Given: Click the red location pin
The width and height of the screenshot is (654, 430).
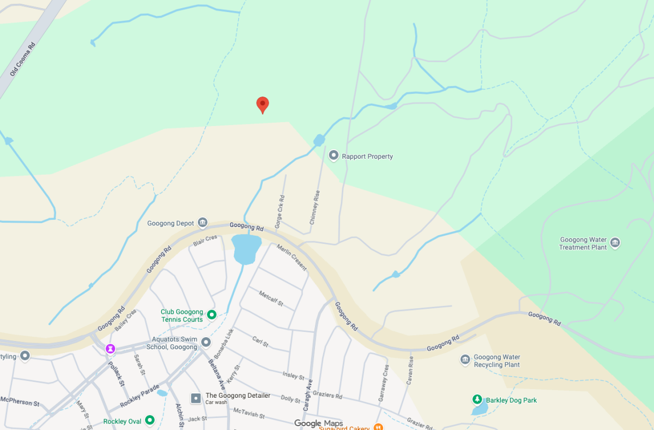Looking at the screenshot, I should (263, 104).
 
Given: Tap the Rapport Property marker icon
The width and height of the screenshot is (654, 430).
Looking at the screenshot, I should (334, 156).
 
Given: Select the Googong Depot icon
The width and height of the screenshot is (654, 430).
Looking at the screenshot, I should (203, 223).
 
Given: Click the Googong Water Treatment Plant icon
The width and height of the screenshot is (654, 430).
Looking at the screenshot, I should (615, 242).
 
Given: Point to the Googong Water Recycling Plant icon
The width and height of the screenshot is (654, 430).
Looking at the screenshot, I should (465, 359).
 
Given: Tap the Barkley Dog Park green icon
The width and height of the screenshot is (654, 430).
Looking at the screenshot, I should (477, 400).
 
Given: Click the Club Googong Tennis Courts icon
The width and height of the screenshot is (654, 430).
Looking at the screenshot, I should (212, 314).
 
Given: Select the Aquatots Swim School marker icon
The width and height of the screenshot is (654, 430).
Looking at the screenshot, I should (205, 342).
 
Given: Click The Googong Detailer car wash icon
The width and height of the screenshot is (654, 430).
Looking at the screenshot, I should (196, 398).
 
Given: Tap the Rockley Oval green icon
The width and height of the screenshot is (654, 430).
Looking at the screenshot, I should (149, 420).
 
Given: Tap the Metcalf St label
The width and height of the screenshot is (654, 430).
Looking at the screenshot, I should (271, 298).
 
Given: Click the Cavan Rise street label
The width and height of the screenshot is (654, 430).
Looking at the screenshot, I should (410, 371).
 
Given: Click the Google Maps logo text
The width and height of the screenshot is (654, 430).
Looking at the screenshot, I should (318, 423).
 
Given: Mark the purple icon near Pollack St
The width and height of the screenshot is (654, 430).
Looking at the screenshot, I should (111, 348).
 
